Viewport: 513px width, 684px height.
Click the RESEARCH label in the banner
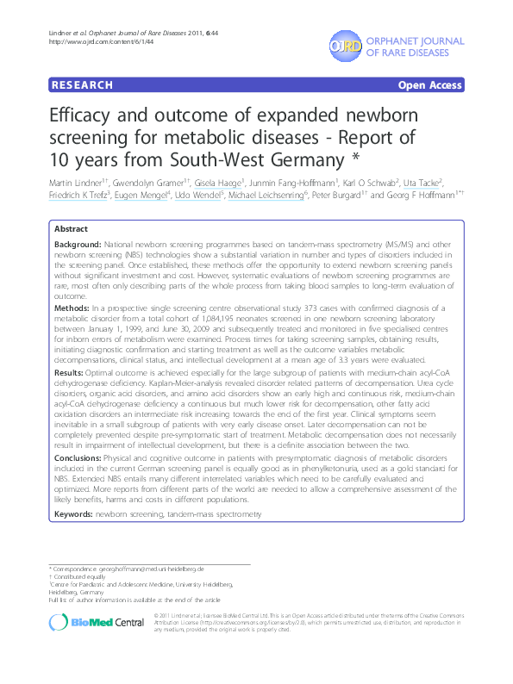coord(83,85)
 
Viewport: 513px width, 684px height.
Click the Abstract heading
coord(71,230)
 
